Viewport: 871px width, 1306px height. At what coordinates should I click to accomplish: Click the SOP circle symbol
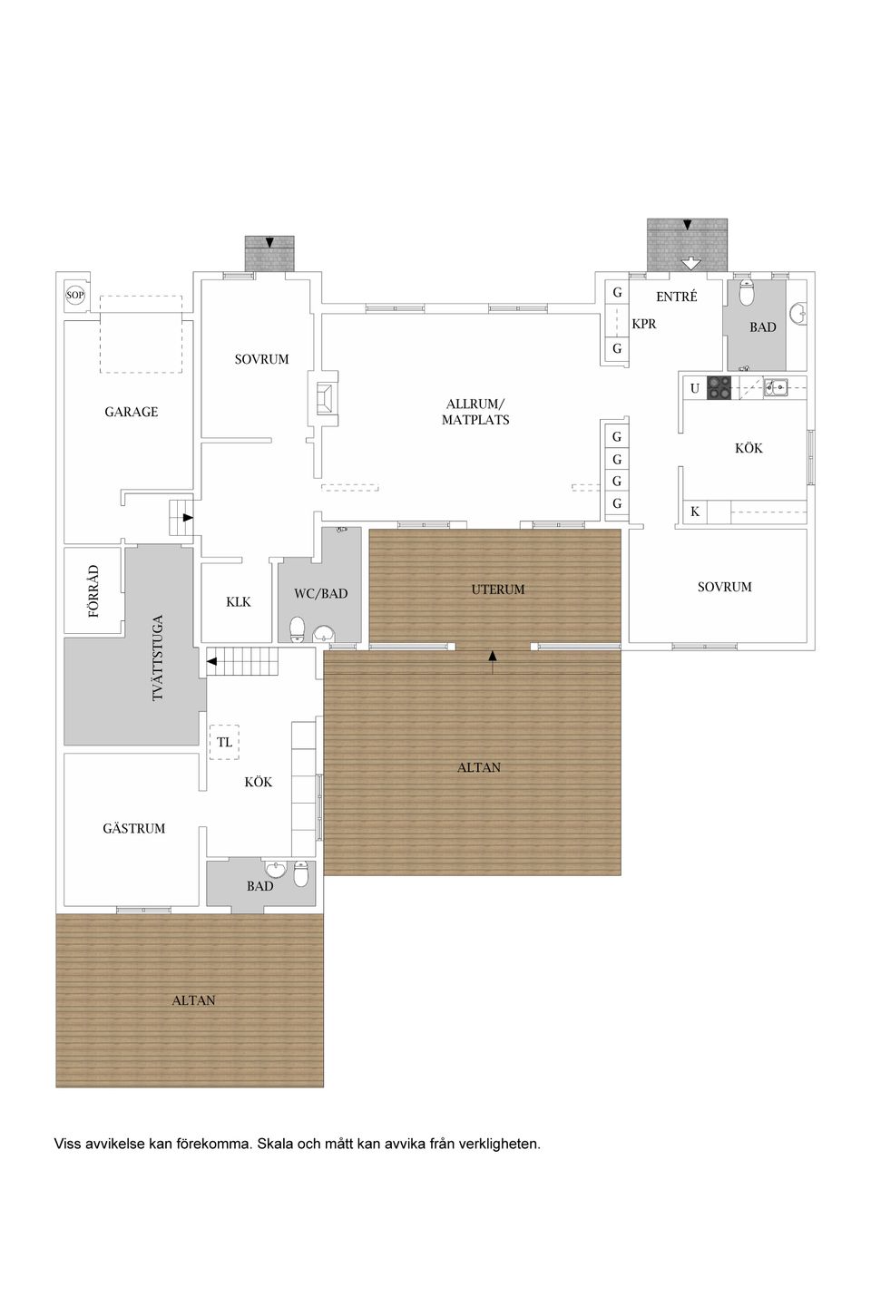pos(74,295)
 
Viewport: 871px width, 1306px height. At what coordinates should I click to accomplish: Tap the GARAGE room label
pos(132,412)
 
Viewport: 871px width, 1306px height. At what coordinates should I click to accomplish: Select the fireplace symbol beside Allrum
pos(324,399)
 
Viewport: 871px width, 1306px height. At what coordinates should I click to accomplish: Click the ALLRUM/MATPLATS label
pos(475,412)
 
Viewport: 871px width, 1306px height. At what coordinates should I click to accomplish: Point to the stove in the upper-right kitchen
pos(719,388)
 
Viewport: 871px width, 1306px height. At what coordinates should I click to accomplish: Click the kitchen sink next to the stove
pos(776,386)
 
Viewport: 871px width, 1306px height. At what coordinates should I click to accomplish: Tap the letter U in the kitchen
pos(695,388)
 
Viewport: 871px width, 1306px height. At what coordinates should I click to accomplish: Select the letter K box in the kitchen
pos(695,512)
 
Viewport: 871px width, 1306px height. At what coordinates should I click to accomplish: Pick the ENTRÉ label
pos(677,297)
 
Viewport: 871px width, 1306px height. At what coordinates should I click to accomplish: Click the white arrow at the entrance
pos(691,263)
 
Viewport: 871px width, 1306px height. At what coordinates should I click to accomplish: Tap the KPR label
pos(644,324)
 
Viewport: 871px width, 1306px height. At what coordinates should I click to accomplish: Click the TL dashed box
pos(225,742)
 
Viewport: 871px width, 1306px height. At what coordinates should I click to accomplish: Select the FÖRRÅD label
pos(94,590)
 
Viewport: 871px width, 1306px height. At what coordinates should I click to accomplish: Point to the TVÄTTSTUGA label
pos(158,658)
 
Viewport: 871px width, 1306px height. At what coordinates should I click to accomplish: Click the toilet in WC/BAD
pos(298,629)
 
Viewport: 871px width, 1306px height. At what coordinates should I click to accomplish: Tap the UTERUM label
pos(498,590)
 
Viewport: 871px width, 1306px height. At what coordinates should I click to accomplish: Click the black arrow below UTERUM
pos(493,662)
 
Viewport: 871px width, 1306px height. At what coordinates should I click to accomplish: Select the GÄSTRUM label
pos(134,828)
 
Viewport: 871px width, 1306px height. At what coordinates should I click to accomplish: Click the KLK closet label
pos(239,601)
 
